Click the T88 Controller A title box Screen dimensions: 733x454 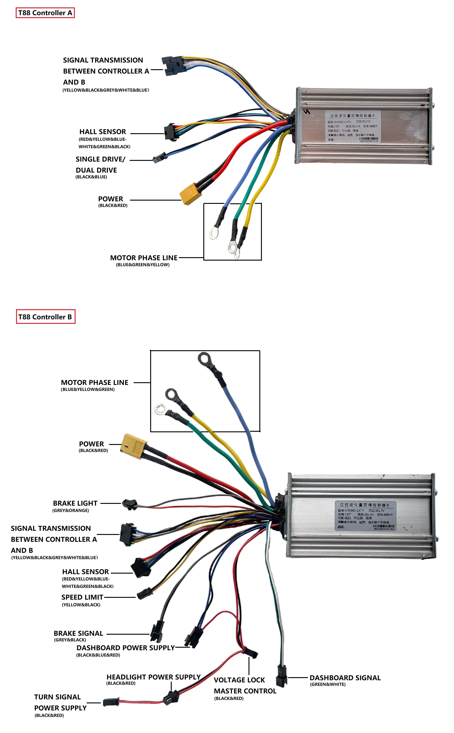(45, 13)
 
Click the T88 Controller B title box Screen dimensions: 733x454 (45, 317)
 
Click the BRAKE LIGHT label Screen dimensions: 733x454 (75, 503)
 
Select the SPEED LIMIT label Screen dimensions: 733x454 (82, 597)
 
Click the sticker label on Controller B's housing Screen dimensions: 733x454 (365, 515)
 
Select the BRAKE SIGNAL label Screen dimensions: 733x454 (78, 633)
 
